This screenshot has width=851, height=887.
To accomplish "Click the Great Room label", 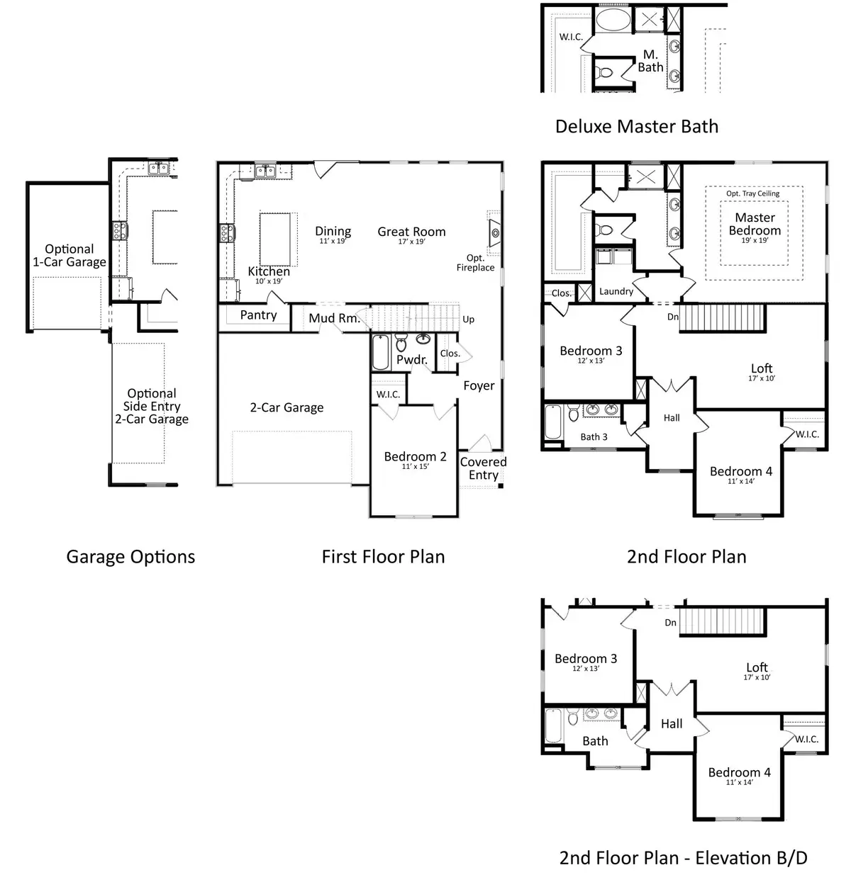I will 411,232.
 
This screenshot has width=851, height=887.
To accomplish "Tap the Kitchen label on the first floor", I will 269,271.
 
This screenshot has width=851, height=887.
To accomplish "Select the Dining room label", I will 333,231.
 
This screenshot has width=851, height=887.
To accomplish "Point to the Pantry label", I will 258,315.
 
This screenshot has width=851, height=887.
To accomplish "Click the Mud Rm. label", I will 333,319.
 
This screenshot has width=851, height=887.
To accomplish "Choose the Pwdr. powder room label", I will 412,360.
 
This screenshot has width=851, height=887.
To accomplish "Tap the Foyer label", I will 479,385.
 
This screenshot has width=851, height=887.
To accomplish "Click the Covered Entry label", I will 483,468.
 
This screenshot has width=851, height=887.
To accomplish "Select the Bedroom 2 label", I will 415,456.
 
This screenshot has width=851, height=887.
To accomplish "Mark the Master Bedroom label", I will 755,224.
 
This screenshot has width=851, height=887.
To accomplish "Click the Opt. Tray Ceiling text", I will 752,193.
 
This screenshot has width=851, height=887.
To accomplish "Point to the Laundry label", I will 616,291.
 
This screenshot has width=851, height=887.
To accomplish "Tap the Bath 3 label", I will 594,437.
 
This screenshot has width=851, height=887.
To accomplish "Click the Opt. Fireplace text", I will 475,263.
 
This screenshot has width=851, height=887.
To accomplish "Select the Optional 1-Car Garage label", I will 69,255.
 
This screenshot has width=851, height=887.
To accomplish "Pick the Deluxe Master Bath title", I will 636,127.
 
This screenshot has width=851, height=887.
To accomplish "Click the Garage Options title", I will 130,557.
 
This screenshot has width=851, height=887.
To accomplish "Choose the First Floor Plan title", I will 383,557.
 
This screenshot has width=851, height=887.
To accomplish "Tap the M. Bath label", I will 650,61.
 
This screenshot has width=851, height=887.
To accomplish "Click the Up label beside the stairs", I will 468,320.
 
